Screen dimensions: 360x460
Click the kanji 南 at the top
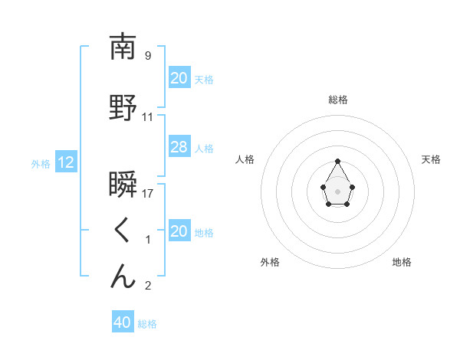123,47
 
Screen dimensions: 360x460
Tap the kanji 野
123,109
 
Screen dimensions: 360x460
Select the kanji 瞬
123,185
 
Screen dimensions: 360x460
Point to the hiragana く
122,230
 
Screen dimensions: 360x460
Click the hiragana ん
123,277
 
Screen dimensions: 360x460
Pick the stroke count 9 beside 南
148,55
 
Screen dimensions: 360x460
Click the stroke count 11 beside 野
148,117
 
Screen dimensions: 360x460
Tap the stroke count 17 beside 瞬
148,193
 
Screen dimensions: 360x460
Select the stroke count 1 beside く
148,240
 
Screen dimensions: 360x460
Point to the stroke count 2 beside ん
148,286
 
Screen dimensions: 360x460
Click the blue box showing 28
179,148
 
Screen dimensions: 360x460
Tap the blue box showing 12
66,162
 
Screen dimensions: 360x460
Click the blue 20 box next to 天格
179,78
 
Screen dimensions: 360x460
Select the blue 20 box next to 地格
179,231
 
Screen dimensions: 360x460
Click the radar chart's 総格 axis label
338,100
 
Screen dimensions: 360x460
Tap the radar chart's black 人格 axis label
245,159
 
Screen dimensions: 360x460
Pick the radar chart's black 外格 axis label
270,262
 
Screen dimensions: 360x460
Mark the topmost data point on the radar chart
338,161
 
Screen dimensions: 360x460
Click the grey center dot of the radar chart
338,191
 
